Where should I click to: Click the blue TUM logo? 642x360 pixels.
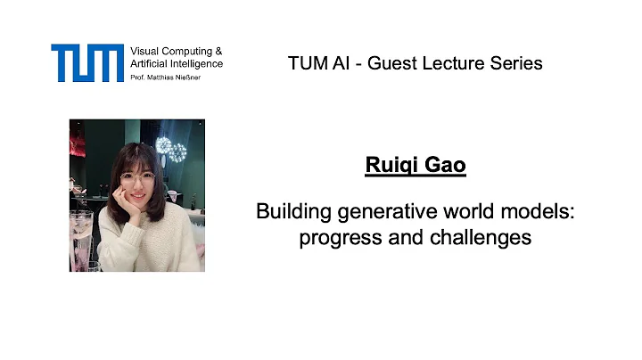(86, 62)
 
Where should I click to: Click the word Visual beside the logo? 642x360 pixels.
(146, 52)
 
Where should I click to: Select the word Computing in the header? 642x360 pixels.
(190, 52)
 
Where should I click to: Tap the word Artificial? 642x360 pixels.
(151, 64)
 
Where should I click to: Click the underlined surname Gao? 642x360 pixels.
(445, 166)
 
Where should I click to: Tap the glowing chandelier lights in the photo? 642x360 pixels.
(171, 149)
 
